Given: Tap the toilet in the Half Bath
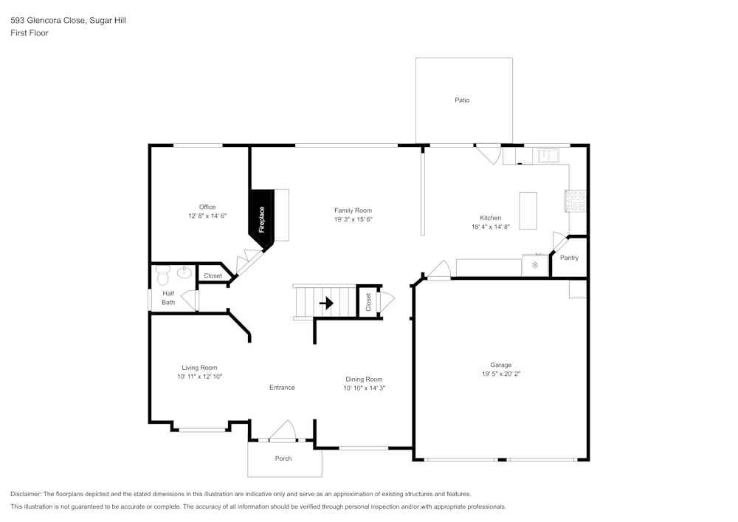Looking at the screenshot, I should [x=163, y=275].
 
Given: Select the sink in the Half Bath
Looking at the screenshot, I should [x=184, y=274].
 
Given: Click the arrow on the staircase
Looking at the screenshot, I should [x=325, y=303].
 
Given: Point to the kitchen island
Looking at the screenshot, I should [x=528, y=210].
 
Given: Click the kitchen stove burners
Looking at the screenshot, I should [x=575, y=201].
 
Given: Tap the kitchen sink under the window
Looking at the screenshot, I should [x=549, y=156].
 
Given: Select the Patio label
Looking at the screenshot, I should [x=462, y=100].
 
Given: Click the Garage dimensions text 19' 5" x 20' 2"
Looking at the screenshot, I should [x=500, y=374].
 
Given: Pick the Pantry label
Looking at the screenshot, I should [x=569, y=258].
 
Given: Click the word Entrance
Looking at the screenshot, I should [x=282, y=388].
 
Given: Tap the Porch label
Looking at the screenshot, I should [x=283, y=459].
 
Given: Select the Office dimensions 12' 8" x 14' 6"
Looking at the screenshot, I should [x=207, y=216].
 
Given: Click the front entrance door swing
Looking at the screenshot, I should [x=283, y=430].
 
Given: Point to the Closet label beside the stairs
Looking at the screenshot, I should [x=368, y=302].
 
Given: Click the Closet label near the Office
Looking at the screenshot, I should [x=213, y=275].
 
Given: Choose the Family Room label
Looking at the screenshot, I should [x=353, y=210].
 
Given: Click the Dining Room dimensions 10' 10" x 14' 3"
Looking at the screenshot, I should [x=365, y=388].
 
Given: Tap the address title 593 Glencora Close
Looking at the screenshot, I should [x=49, y=21].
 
